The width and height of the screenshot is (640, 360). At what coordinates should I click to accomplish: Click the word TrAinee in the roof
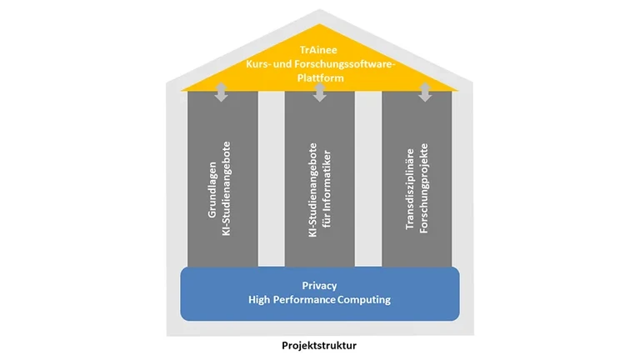[318, 50]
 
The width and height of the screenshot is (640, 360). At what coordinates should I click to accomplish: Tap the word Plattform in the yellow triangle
[320, 78]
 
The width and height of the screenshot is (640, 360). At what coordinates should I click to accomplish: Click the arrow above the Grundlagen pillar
[221, 92]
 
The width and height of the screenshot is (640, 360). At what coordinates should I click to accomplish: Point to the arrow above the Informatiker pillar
[320, 92]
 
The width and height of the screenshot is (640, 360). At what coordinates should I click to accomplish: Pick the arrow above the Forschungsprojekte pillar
[425, 92]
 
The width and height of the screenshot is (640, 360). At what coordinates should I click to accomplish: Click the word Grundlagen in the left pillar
[212, 190]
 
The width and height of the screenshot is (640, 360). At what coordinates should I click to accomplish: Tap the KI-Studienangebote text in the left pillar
[226, 188]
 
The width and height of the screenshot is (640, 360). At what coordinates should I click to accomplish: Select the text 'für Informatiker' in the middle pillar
[327, 188]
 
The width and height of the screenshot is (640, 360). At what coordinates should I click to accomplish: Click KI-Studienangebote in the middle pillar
[312, 190]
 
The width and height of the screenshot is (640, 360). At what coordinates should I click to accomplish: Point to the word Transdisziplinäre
[410, 189]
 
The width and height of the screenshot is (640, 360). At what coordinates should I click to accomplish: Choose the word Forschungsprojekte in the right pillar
[423, 188]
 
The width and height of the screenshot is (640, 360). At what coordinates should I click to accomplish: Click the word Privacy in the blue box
[320, 286]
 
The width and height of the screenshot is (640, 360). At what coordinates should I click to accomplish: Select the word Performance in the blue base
[304, 300]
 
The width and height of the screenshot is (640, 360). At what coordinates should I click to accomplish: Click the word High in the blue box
[259, 300]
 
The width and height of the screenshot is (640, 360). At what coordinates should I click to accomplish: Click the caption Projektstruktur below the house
[319, 345]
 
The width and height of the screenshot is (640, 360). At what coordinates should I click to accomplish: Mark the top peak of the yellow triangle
[320, 24]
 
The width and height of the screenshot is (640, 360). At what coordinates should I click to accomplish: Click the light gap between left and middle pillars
[272, 179]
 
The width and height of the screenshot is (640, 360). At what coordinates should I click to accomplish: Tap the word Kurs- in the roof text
[257, 64]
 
